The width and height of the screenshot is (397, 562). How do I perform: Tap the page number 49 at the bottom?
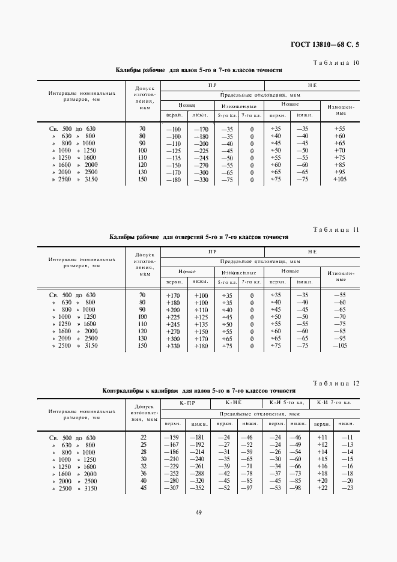tap(198, 512)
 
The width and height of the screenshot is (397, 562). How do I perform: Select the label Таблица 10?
tap(337, 62)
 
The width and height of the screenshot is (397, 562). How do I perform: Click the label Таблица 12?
tap(337, 382)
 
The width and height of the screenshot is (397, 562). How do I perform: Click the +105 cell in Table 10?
tap(340, 180)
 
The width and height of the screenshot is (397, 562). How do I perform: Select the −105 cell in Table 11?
tap(340, 345)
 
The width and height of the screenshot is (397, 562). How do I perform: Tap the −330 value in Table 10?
tap(200, 180)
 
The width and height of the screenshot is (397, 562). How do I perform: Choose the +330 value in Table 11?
tap(173, 345)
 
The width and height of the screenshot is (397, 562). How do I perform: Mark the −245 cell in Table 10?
tap(200, 158)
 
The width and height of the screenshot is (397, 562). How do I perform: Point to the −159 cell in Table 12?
tap(172, 437)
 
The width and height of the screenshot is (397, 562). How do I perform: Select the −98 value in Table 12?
tap(295, 488)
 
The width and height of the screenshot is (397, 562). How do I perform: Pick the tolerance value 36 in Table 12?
tap(143, 473)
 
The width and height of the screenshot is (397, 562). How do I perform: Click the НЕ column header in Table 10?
tap(312, 86)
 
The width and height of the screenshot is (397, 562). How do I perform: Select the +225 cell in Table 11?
tap(173, 316)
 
